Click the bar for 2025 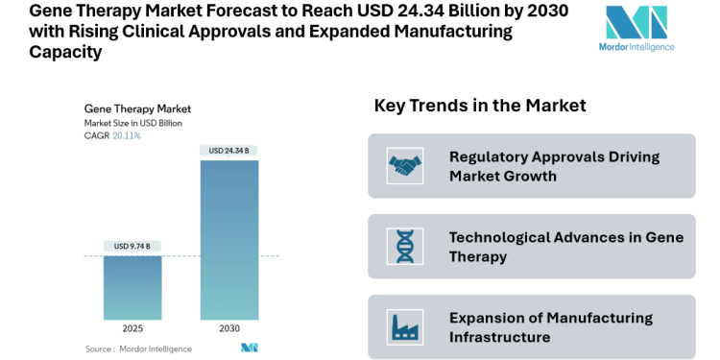tap(132, 287)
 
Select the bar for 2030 tap(228, 239)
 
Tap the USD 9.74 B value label tap(132, 247)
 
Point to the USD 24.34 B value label tap(228, 151)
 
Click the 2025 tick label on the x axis tap(132, 328)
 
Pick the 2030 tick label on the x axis tap(228, 328)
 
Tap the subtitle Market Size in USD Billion tap(133, 123)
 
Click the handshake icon tap(404, 166)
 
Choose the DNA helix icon tap(404, 247)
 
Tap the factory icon tap(404, 327)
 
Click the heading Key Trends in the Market tap(480, 106)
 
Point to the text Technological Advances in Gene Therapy tap(566, 247)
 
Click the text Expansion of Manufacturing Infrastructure tap(551, 327)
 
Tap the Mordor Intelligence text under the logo tap(636, 47)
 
